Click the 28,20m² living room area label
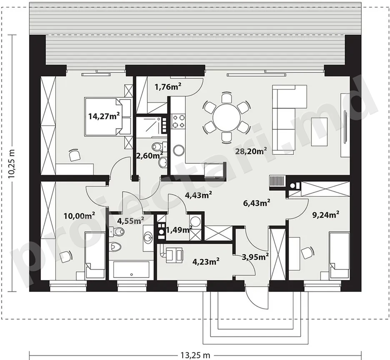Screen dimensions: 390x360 251,151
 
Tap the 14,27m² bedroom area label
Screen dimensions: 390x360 104,116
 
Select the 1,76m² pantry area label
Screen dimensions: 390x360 167,86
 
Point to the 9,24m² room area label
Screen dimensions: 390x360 326,214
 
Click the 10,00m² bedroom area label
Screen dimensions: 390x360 79,216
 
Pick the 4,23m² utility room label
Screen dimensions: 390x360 206,262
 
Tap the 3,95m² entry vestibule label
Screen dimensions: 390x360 255,256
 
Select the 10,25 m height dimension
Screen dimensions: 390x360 11,163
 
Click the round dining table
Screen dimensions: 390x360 226,117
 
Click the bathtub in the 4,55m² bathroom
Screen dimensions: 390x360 131,270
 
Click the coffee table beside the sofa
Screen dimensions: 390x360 320,131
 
